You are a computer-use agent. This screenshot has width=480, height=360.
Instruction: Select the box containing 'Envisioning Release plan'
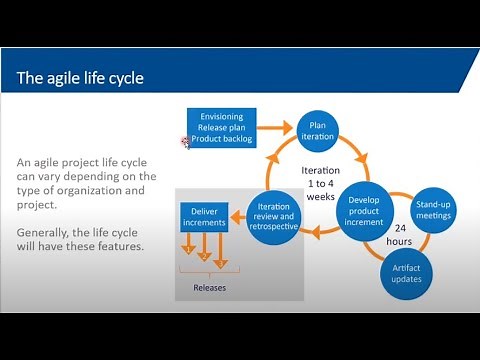[x=222, y=128]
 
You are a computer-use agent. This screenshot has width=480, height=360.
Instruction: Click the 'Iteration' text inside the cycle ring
[x=320, y=170]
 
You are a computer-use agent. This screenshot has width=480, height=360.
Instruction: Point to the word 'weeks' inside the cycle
[x=320, y=198]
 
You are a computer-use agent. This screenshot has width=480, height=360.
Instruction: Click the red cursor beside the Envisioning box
[x=185, y=143]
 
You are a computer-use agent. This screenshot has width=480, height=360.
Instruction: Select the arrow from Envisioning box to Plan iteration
[x=276, y=127]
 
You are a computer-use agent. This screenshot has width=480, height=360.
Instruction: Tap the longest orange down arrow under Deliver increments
[x=222, y=256]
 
